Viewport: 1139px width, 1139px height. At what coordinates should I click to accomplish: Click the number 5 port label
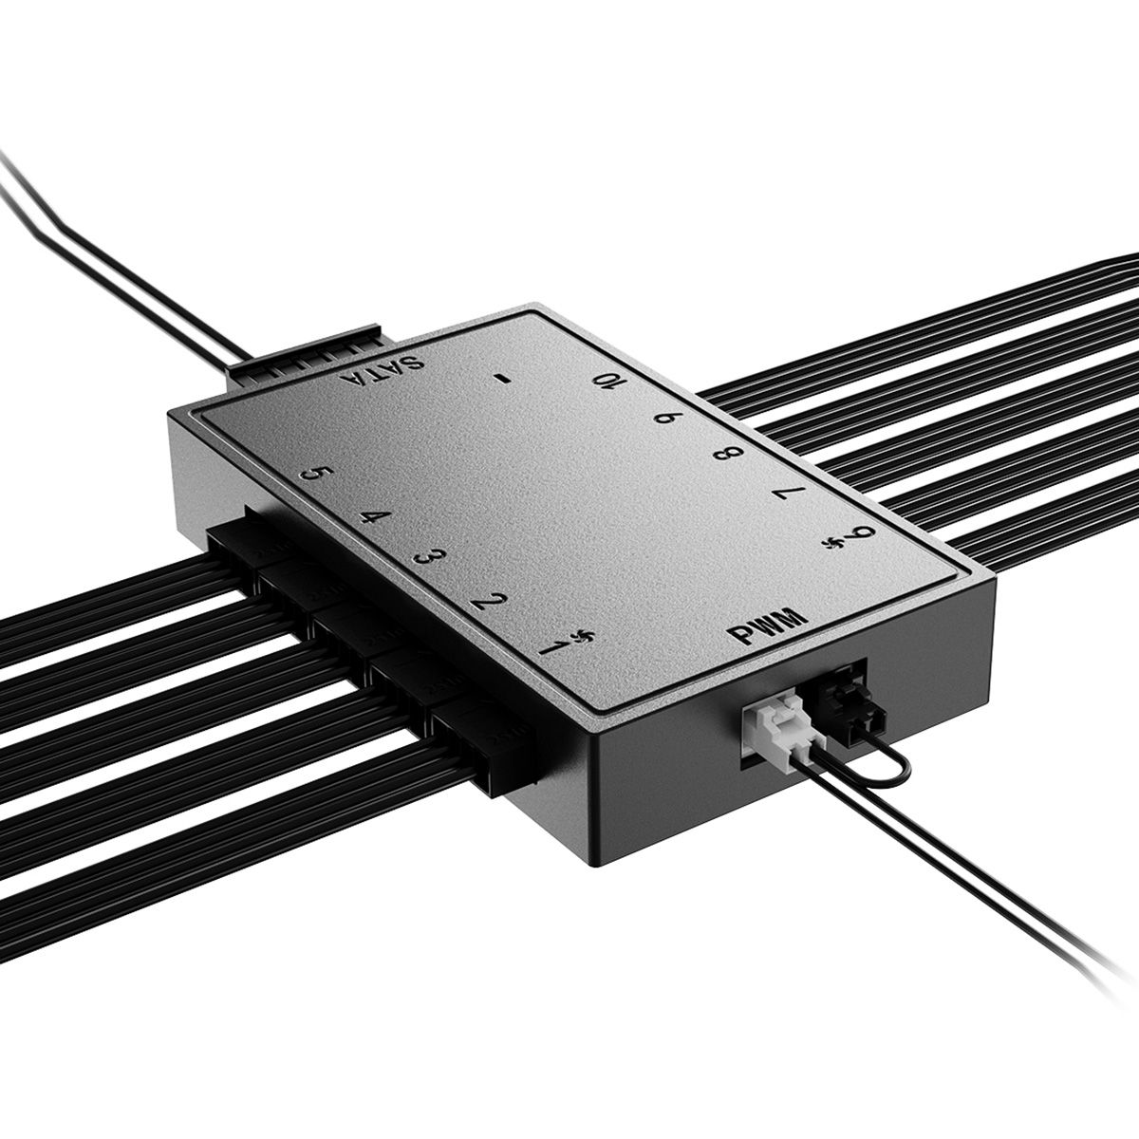[317, 474]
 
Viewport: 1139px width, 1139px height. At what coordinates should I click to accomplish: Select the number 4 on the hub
[375, 516]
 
